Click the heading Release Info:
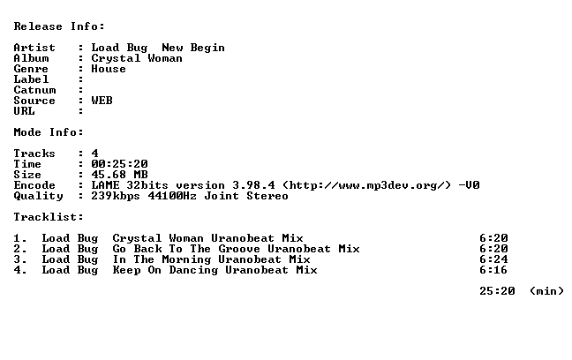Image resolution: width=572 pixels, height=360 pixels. [x=59, y=26]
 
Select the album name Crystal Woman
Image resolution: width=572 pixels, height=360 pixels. [x=137, y=58]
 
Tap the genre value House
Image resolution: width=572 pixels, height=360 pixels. [x=109, y=69]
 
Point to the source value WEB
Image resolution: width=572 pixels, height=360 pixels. [x=102, y=101]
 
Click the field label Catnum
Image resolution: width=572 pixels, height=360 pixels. [x=34, y=90]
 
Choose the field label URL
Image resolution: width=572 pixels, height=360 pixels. [x=24, y=111]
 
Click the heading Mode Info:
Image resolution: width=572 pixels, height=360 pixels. [x=49, y=132]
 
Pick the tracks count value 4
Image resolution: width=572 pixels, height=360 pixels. [x=94, y=154]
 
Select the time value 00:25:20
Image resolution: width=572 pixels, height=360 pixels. [x=119, y=164]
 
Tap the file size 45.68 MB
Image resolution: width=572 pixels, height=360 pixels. [x=119, y=175]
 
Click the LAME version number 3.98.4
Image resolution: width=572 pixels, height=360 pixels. [x=254, y=185]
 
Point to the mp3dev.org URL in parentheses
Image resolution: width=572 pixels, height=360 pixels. [x=366, y=185]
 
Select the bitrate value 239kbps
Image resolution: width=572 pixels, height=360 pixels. [x=116, y=196]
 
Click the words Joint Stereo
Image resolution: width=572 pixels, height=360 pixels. [x=246, y=196]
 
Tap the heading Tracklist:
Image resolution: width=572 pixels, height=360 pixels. [x=49, y=217]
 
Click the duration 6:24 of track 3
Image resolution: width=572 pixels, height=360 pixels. [x=493, y=259]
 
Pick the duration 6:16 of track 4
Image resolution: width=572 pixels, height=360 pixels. [x=493, y=270]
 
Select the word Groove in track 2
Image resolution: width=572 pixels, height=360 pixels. [x=239, y=249]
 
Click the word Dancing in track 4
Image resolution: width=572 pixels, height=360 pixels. [x=193, y=270]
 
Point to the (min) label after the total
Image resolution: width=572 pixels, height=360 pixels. [x=546, y=291]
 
